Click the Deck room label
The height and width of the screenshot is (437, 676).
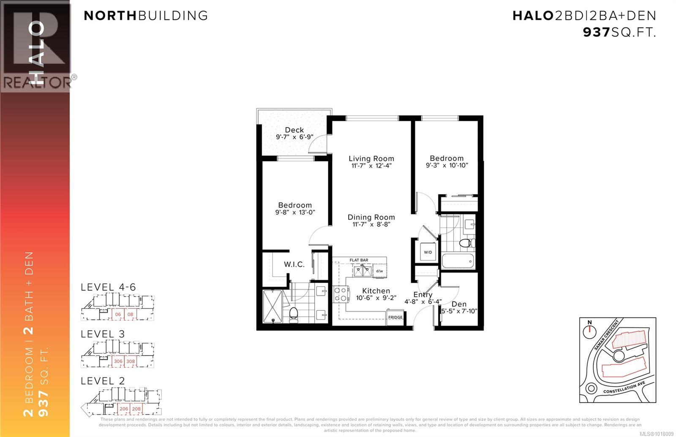(294, 130)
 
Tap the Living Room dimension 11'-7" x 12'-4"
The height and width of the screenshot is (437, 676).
(371, 166)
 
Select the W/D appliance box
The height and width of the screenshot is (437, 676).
(428, 252)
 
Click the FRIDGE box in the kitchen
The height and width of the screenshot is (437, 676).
(395, 318)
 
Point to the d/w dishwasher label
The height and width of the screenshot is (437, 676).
(379, 271)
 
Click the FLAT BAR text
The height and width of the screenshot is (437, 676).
(359, 261)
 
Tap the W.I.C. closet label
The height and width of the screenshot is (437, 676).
(294, 265)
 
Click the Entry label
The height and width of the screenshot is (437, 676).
(422, 295)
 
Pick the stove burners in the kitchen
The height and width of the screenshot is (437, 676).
(341, 294)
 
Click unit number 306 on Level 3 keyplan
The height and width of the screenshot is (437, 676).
(118, 361)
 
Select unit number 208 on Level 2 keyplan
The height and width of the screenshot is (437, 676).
(136, 409)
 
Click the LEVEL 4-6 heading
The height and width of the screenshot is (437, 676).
(108, 288)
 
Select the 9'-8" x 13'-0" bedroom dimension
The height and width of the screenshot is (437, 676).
(295, 213)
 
